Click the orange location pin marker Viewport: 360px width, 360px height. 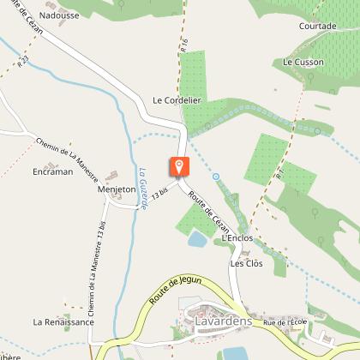tap(180, 167)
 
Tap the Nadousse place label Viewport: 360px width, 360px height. tap(57, 15)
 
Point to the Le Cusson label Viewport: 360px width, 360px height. tap(301, 63)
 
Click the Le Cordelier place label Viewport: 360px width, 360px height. tap(177, 99)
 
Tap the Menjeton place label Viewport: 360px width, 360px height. tap(117, 189)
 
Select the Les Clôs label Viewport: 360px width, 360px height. tap(245, 263)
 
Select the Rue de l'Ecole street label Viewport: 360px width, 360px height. tap(285, 322)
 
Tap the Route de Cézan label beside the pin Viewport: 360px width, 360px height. tap(209, 209)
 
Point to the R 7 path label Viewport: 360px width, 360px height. tap(279, 172)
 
